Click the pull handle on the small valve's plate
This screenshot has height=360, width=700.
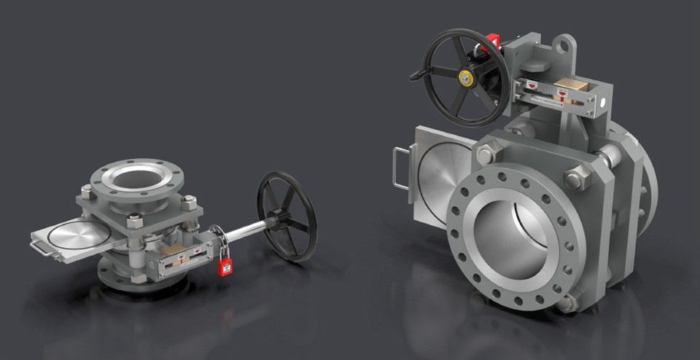coord(41,249)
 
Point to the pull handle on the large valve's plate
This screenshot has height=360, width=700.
coord(400,168)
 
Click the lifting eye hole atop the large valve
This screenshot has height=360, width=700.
coord(563,44)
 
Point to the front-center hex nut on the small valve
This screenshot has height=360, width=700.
coord(133,221)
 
